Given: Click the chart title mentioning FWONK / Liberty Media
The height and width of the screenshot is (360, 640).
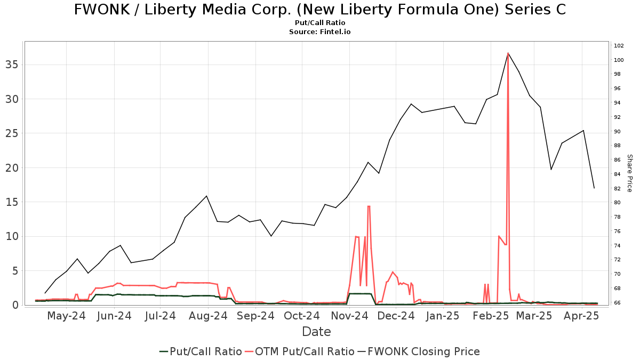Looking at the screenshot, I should point(320,10).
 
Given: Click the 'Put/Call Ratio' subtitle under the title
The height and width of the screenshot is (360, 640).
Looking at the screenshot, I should point(320,23).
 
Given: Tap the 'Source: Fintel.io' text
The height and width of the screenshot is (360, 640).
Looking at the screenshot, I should point(320,32).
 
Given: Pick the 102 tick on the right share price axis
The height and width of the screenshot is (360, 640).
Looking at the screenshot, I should point(619,45).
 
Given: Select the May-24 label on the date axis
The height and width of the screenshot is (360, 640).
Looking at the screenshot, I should point(67,316).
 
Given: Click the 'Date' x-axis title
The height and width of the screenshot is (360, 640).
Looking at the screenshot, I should point(316,332).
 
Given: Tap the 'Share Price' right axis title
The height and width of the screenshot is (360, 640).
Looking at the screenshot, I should point(629,173).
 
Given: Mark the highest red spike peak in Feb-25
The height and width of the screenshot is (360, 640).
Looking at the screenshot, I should point(508,53).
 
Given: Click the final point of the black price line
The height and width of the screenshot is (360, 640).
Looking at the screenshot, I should point(594,188).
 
